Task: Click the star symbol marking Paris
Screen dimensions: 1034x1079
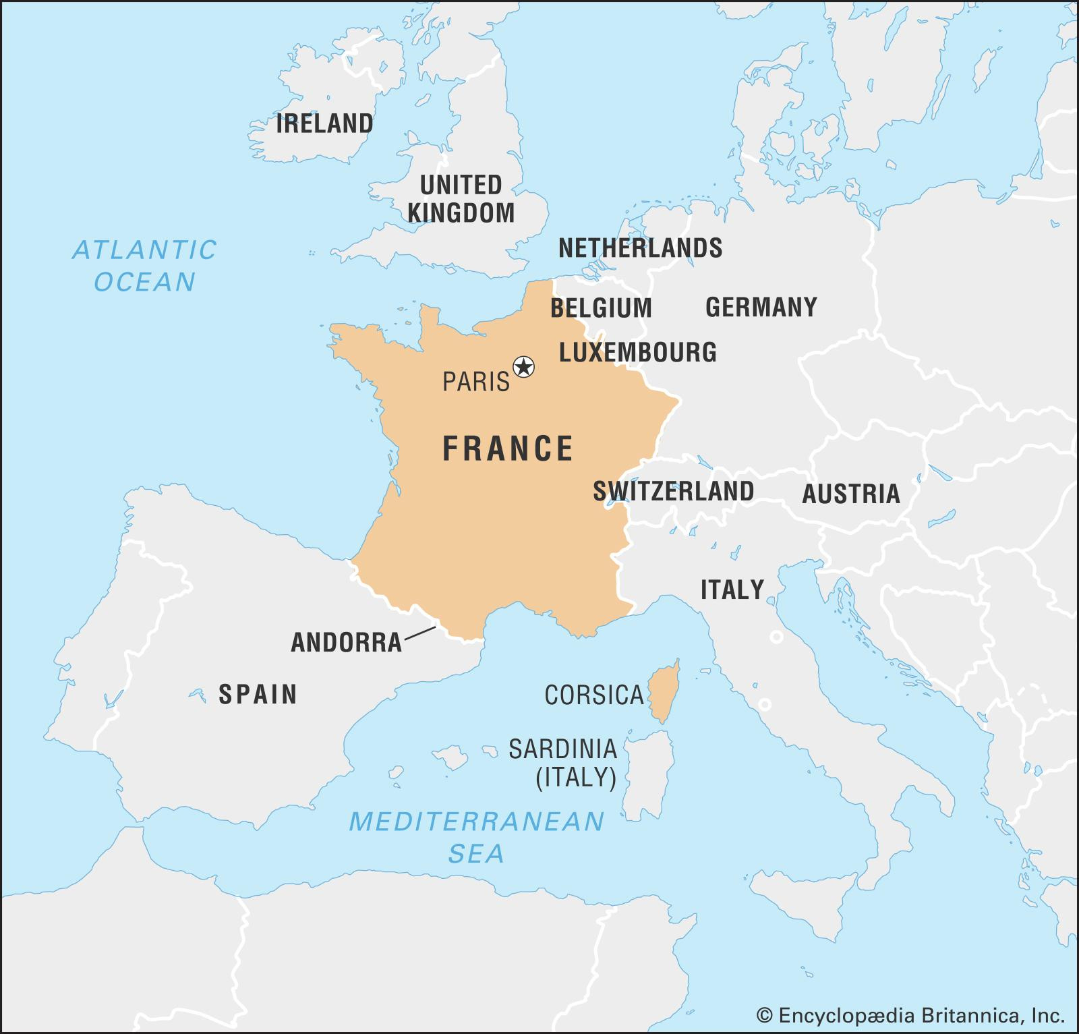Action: click(523, 368)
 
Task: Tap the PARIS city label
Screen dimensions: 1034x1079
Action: click(476, 382)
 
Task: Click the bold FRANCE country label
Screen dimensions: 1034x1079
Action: click(508, 449)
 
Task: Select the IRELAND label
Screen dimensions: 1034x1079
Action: click(324, 124)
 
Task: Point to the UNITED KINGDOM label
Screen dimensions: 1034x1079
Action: click(461, 199)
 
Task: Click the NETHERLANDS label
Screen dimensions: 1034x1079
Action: click(640, 248)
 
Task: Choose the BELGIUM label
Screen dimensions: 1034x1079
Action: click(601, 308)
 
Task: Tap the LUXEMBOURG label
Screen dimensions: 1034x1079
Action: click(638, 352)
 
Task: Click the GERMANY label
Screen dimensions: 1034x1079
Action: click(761, 308)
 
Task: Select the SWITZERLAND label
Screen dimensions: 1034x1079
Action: click(673, 491)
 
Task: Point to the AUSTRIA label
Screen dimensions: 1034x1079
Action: click(850, 494)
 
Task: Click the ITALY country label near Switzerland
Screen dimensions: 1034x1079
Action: click(732, 590)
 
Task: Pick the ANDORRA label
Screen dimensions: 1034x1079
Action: click(346, 643)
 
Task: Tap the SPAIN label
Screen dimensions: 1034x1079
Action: click(258, 694)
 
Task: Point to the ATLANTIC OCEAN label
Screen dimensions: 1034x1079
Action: click(144, 265)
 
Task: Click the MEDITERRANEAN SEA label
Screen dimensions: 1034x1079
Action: click(476, 837)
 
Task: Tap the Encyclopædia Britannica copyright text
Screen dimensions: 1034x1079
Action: click(910, 1015)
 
